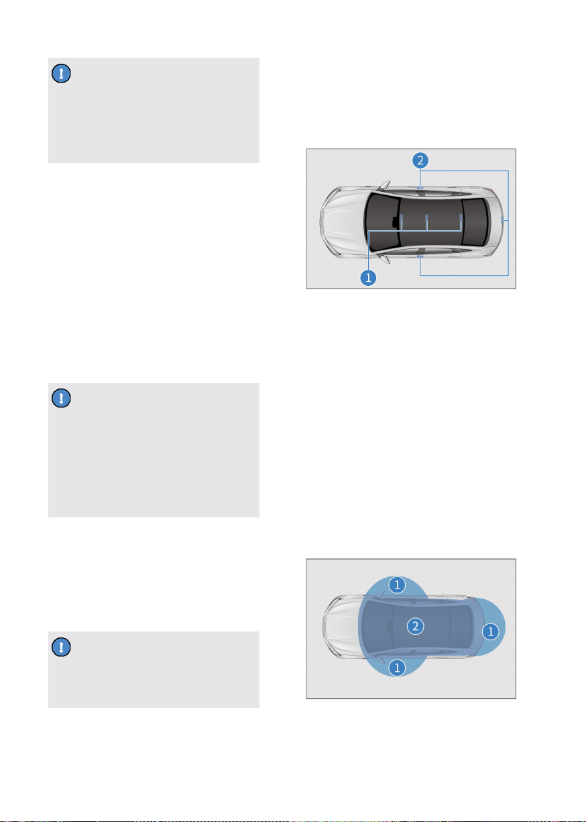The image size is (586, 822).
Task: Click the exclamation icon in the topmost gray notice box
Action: (61, 73)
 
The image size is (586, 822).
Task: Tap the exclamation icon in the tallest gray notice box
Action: (61, 398)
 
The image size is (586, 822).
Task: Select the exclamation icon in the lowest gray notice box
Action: (61, 647)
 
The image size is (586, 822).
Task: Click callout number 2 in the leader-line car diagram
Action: (420, 160)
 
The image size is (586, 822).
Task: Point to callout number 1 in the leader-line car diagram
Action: (368, 277)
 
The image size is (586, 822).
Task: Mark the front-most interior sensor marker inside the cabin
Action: (402, 217)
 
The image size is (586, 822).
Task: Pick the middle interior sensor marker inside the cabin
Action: (426, 217)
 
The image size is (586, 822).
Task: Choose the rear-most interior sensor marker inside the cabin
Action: (461, 217)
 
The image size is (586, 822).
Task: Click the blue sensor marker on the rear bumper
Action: (502, 220)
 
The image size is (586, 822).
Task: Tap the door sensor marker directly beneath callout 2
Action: (420, 187)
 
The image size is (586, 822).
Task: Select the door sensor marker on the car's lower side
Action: (420, 256)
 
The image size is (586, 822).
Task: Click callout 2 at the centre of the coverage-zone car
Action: (416, 626)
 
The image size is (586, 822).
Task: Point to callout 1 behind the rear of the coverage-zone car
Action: (491, 631)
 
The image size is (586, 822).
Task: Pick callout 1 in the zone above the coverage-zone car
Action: (397, 585)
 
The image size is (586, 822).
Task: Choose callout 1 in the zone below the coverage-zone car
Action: (397, 668)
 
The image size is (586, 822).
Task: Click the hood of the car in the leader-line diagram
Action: (343, 222)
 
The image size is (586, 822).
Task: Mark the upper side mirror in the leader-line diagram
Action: (384, 185)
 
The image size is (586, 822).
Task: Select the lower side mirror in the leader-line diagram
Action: (384, 259)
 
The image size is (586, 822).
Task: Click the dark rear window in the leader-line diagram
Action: (476, 222)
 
